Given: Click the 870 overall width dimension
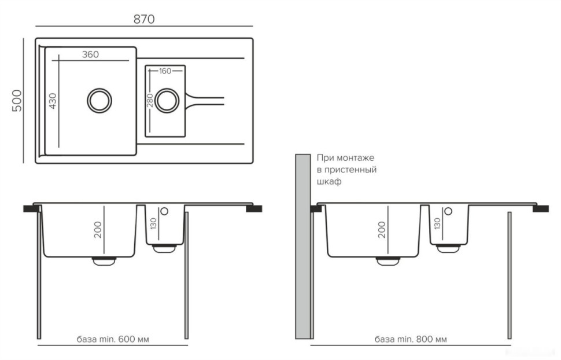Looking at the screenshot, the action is pos(144,19).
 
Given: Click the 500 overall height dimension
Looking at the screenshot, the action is pos(17,101).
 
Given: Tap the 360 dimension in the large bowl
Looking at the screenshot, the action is pos(90,54).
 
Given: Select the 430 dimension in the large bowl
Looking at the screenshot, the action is pos(53,101).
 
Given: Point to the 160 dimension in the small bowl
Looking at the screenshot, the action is pos(165,71).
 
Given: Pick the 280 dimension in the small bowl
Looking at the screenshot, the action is pos(150,100).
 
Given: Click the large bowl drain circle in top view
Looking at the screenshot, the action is pos(99,101).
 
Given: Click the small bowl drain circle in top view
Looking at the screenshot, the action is pos(167,100).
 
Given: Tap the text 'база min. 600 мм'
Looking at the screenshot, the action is pos(113,339).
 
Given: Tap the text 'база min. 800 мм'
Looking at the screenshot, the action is pos(411,339).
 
